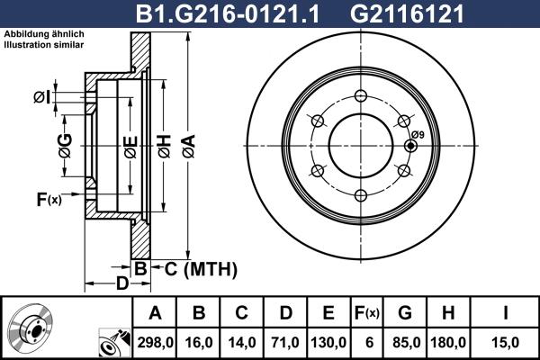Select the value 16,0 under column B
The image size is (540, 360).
tap(200, 341)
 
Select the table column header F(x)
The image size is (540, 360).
tap(367, 313)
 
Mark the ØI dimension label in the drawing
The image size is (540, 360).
tap(41, 97)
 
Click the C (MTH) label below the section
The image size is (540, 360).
tap(194, 268)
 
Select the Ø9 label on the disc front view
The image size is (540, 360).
tap(417, 135)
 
